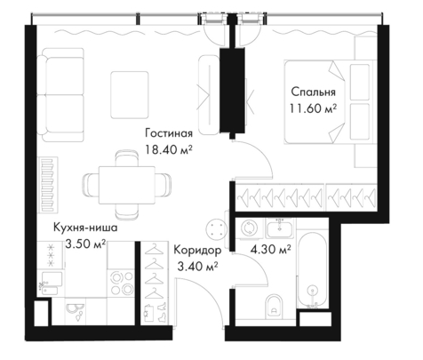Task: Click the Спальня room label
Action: tap(313, 92)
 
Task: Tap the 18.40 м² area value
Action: tap(168, 149)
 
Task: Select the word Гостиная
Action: tap(169, 133)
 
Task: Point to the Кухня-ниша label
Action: tap(85, 228)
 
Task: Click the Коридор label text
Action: tap(197, 251)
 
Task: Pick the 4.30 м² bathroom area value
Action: tap(270, 250)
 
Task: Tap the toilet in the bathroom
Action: tap(275, 307)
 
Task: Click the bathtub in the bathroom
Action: tap(313, 270)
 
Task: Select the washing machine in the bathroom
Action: tap(249, 228)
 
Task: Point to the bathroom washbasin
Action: tap(280, 228)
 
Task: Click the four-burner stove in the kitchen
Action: tap(122, 283)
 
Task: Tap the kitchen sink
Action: tap(51, 284)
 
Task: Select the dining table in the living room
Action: tap(127, 185)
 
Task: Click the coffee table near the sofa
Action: tap(130, 95)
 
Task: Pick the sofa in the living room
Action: tap(60, 95)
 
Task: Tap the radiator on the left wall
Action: tap(47, 185)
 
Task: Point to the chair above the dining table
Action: tap(126, 158)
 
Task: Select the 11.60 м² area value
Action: tap(313, 108)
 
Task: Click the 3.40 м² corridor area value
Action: tap(197, 267)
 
